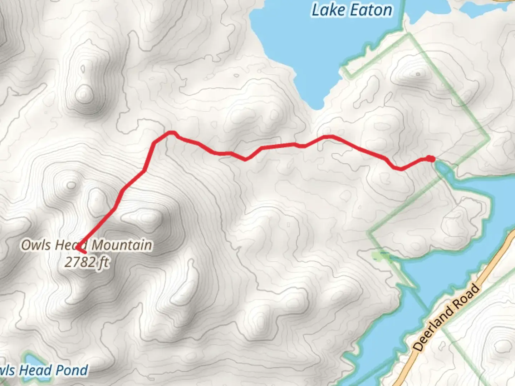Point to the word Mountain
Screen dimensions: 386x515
122,245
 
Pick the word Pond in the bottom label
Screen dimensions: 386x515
72,370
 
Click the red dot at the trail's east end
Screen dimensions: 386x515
431,159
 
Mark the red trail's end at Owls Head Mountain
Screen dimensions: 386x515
84,252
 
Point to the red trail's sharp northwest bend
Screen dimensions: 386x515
171,133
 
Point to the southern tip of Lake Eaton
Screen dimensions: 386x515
317,106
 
